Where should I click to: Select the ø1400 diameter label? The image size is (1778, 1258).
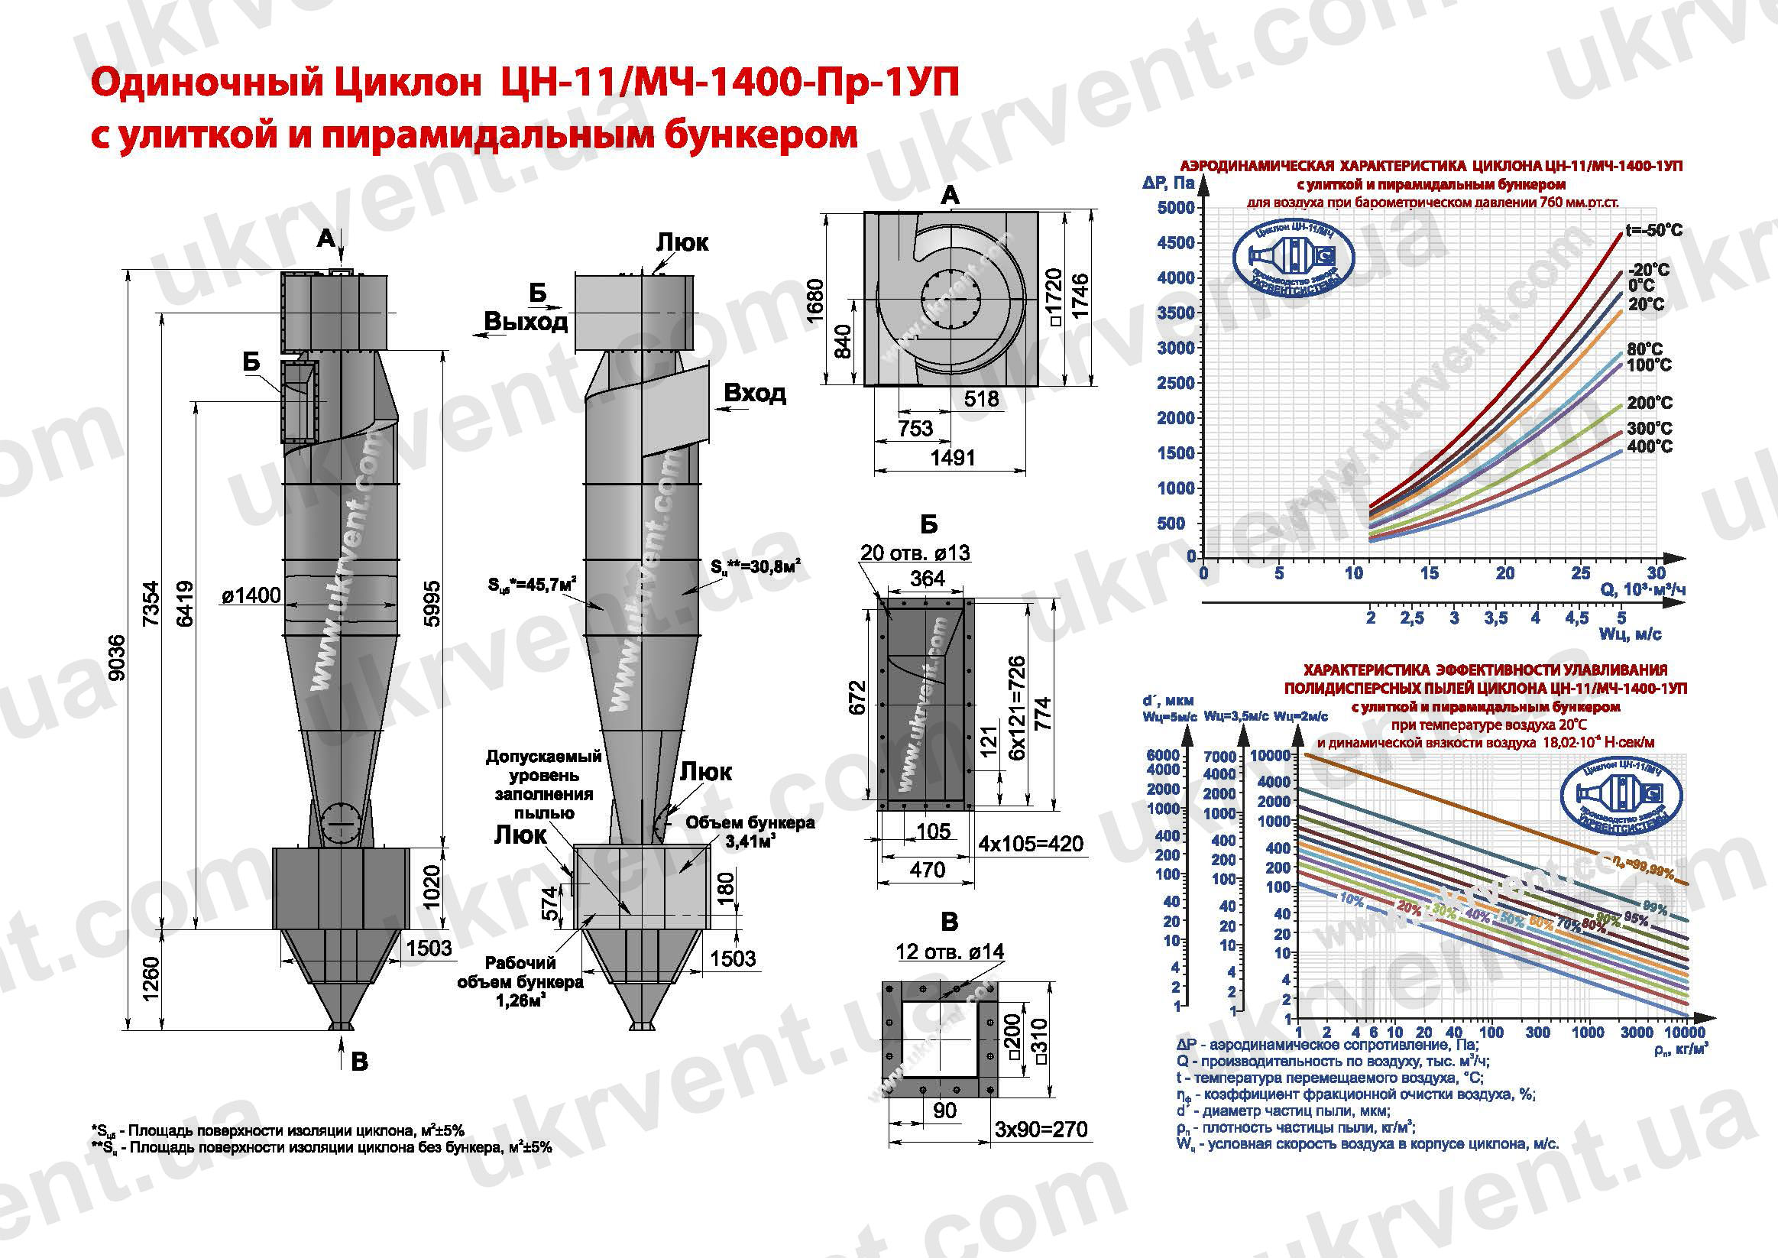point(251,595)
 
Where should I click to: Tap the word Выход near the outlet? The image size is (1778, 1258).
point(526,322)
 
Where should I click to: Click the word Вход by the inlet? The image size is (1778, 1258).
point(754,394)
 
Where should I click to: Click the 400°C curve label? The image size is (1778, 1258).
point(1650,447)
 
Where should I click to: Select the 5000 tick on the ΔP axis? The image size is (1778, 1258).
point(1175,208)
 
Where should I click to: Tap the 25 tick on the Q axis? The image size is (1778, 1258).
point(1580,573)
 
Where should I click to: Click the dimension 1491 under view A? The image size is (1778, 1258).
point(953,458)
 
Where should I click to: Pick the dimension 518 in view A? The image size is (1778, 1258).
point(981,399)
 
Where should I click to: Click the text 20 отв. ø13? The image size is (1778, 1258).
point(915,553)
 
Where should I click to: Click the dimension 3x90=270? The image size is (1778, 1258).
point(1041,1130)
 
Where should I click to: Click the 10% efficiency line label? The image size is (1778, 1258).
point(1352,899)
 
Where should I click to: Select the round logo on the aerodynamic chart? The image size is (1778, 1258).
point(1294,260)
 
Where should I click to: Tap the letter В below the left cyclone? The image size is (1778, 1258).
point(359,1062)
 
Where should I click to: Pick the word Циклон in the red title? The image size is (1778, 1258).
point(407,83)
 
